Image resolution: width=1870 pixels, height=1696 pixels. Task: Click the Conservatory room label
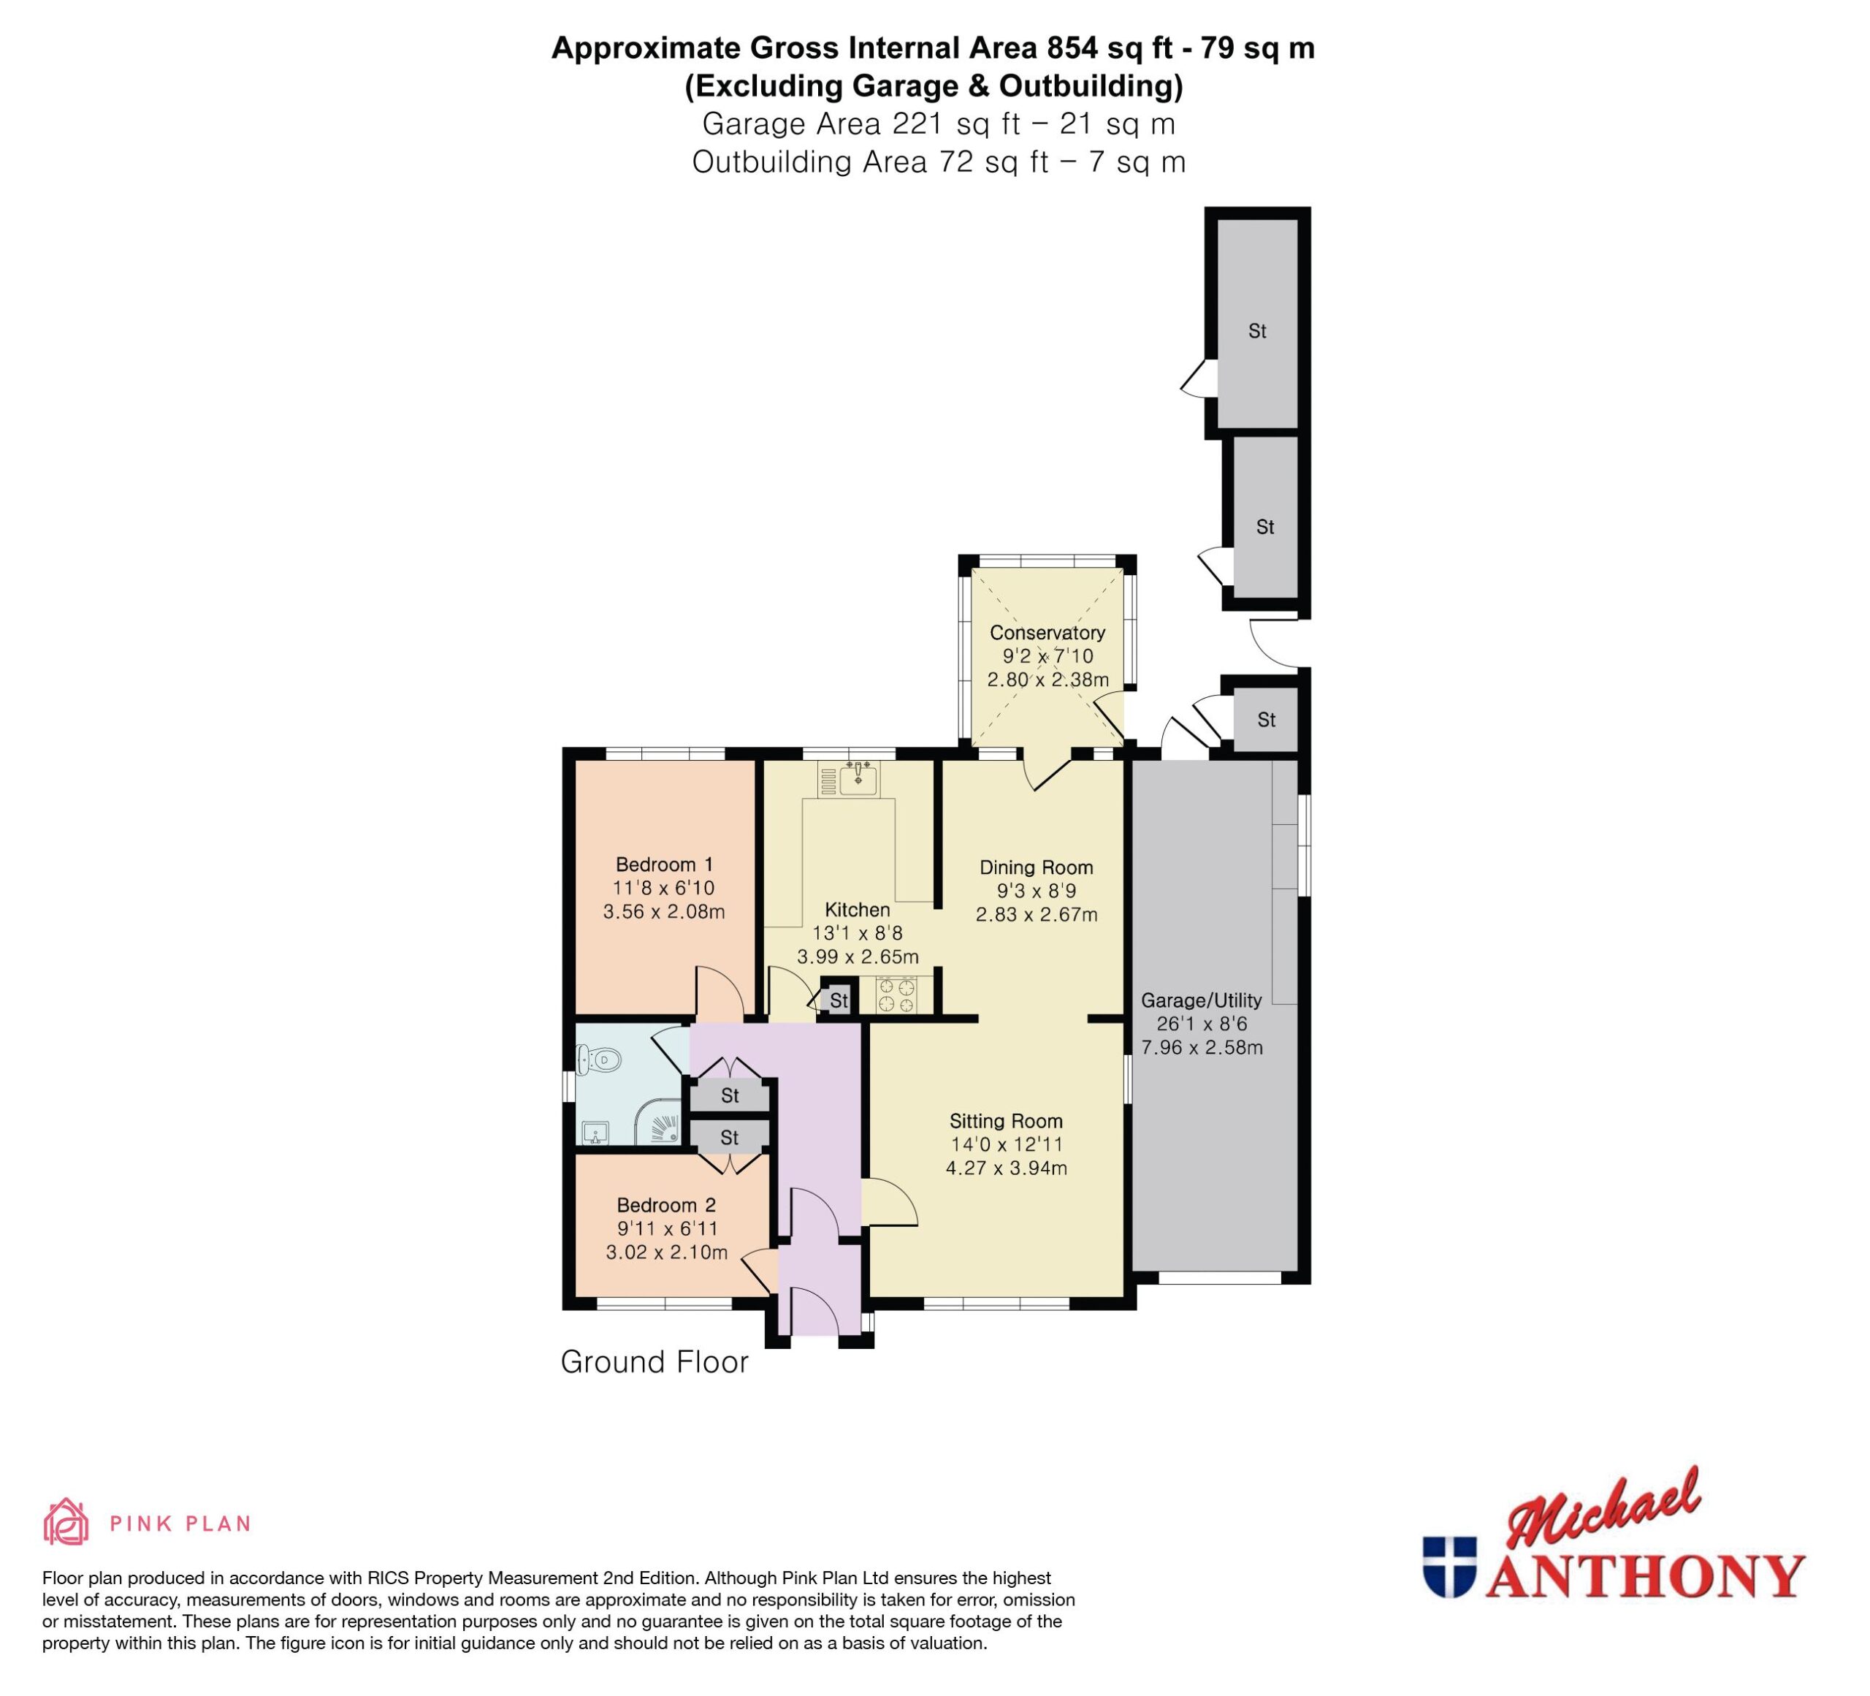click(x=1047, y=633)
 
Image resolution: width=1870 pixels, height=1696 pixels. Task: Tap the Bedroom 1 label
click(x=664, y=864)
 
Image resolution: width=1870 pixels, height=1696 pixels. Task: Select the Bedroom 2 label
click(x=666, y=1205)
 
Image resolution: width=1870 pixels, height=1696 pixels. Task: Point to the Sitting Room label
click(x=1006, y=1121)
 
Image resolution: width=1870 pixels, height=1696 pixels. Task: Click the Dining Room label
click(x=1036, y=867)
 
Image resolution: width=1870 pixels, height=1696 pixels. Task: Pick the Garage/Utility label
click(x=1201, y=1000)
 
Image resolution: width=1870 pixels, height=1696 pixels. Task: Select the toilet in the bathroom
click(x=598, y=1059)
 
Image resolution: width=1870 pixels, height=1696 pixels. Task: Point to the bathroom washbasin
click(x=595, y=1133)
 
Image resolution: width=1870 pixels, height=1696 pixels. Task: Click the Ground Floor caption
click(x=654, y=1361)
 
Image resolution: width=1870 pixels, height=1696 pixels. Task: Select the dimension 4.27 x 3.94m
click(x=1007, y=1168)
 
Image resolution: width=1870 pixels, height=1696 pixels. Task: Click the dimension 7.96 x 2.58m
click(x=1201, y=1047)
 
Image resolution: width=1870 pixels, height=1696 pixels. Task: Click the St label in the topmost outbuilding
click(x=1257, y=331)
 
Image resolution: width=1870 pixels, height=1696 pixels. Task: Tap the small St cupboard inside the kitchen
click(x=839, y=1000)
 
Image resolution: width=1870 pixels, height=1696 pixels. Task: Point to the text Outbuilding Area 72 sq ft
click(x=870, y=162)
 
